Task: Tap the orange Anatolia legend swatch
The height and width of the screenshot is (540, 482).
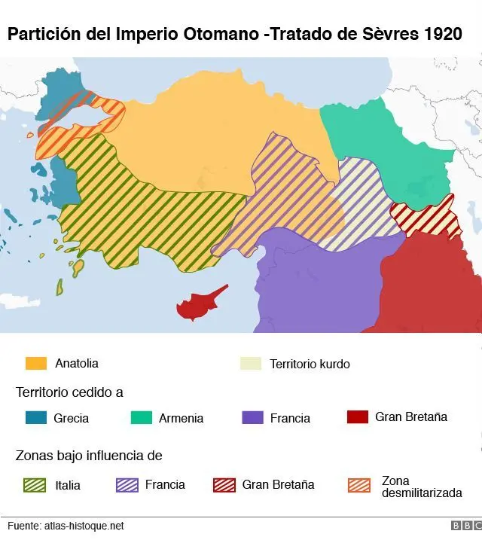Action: [36, 363]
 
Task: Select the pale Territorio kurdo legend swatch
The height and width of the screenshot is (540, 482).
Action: [250, 363]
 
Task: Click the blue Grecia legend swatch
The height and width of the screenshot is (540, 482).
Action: [36, 417]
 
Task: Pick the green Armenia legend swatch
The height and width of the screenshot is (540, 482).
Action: [141, 417]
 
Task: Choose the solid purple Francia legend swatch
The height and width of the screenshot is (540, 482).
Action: [252, 417]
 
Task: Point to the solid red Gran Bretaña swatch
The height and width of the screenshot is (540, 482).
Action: [357, 416]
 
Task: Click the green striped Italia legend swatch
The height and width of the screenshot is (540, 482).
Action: [36, 484]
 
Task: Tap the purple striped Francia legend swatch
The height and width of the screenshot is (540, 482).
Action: [127, 484]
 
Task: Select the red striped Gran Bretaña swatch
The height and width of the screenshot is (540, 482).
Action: [224, 484]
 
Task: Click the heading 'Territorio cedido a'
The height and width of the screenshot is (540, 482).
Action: [69, 392]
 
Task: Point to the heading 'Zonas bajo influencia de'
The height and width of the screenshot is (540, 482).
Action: [89, 456]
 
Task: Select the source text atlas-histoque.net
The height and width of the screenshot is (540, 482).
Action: [84, 526]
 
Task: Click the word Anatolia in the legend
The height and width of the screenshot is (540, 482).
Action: [77, 363]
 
